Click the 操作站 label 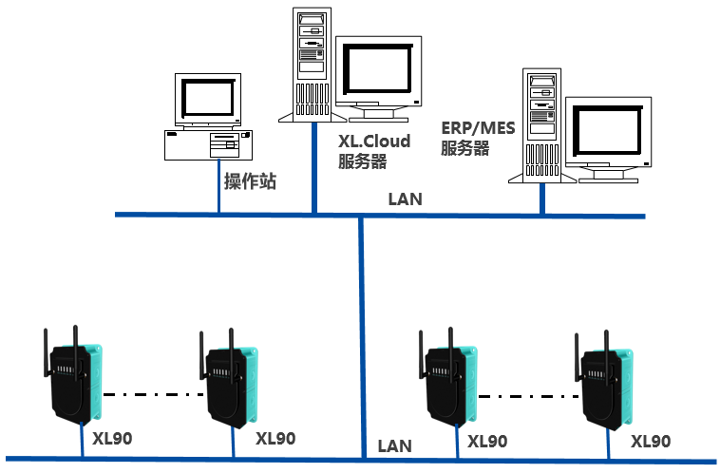[x=250, y=181]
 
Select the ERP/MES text [x=477, y=127]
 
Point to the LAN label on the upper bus [x=405, y=199]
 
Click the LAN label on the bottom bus [x=394, y=445]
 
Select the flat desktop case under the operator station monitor [x=206, y=144]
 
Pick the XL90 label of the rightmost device [x=651, y=441]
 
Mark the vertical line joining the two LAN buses [x=362, y=332]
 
